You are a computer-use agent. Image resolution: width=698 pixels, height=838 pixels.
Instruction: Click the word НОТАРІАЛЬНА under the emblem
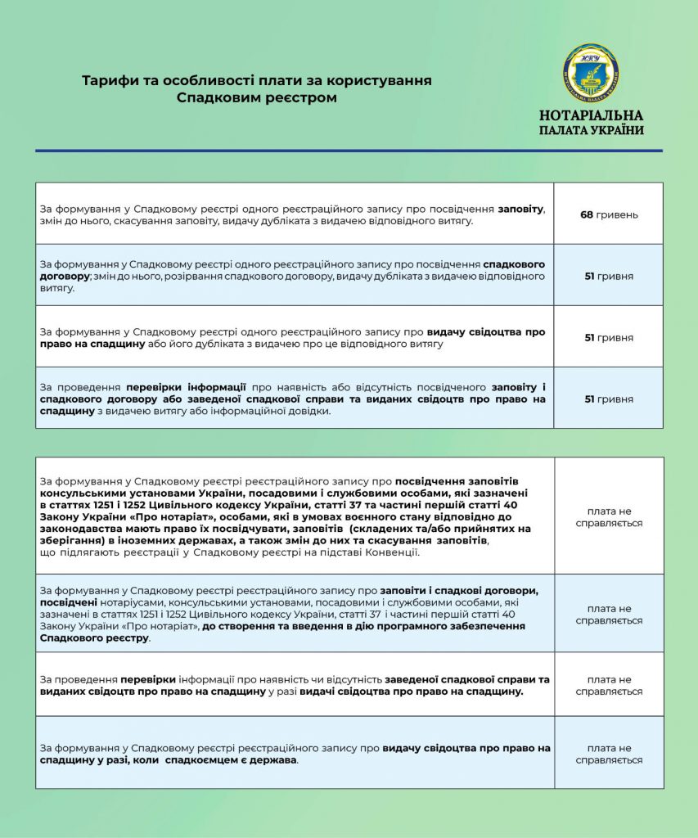[591, 115]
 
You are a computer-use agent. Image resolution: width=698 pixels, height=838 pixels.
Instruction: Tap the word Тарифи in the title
[108, 81]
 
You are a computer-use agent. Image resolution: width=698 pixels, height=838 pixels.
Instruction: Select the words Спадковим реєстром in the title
[257, 98]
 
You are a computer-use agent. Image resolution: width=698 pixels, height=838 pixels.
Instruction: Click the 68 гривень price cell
[608, 214]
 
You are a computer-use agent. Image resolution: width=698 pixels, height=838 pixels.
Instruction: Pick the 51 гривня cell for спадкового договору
[608, 277]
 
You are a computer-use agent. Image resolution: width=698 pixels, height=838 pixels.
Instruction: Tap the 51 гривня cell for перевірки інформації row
[608, 399]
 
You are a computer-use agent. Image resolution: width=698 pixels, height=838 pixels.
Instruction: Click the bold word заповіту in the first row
[520, 209]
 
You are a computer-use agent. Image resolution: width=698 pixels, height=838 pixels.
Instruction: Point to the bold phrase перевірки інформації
[186, 386]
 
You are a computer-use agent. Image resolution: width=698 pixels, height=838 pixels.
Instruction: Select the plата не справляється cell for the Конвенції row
[608, 516]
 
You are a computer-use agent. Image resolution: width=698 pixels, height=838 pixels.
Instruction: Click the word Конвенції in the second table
[391, 552]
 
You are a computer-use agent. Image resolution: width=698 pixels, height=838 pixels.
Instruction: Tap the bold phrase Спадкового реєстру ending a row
[95, 638]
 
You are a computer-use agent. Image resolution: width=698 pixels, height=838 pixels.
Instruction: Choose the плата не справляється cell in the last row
[608, 754]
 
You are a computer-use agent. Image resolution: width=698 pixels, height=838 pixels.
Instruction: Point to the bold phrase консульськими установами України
[127, 493]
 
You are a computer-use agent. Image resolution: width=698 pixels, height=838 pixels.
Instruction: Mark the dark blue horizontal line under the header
[349, 151]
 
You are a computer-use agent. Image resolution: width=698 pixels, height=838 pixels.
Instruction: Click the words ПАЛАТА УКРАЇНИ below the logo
[591, 130]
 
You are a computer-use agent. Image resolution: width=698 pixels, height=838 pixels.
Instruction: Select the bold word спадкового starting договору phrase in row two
[514, 264]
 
